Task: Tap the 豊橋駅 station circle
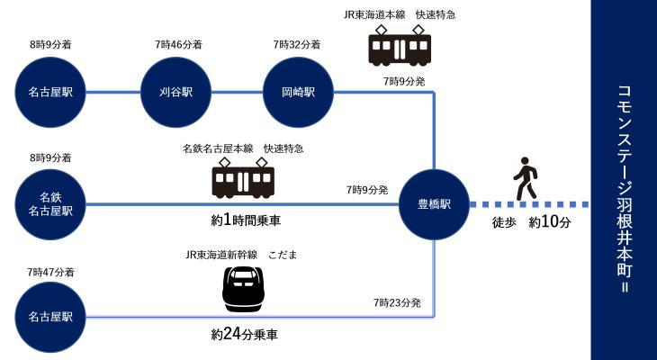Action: coord(435,204)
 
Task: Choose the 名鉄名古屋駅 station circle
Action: coord(50,204)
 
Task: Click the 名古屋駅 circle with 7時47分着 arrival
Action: coord(50,316)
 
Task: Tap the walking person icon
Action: coord(525,179)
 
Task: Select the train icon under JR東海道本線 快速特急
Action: coord(400,47)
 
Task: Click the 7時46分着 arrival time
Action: coord(178,43)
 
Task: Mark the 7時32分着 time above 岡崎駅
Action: coord(297,43)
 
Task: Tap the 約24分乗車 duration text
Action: coord(244,335)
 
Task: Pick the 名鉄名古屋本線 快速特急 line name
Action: coord(243,148)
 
